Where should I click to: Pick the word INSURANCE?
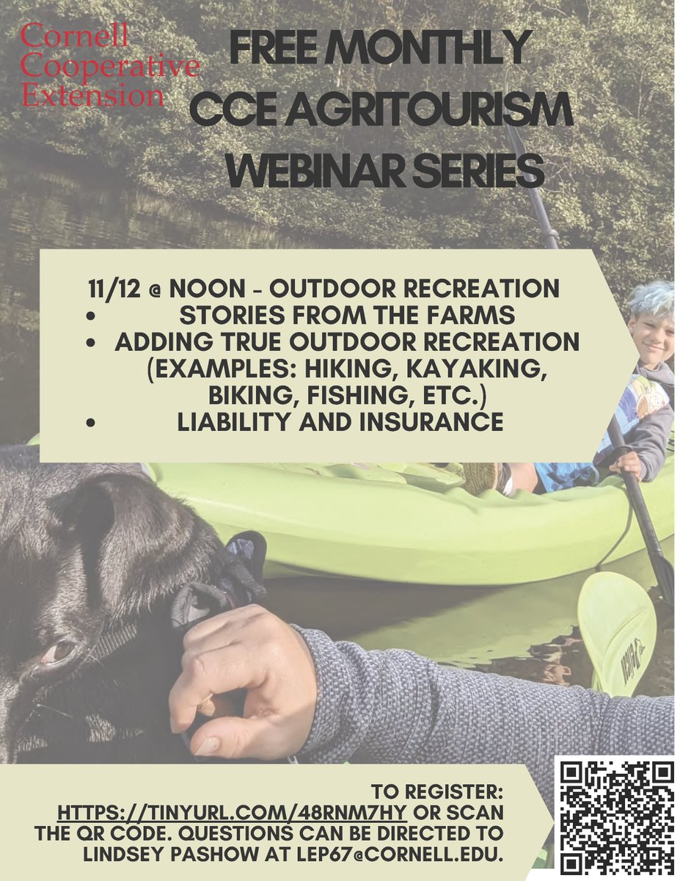[x=429, y=422]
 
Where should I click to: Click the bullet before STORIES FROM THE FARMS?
[x=91, y=316]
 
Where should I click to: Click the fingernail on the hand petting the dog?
[x=207, y=744]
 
